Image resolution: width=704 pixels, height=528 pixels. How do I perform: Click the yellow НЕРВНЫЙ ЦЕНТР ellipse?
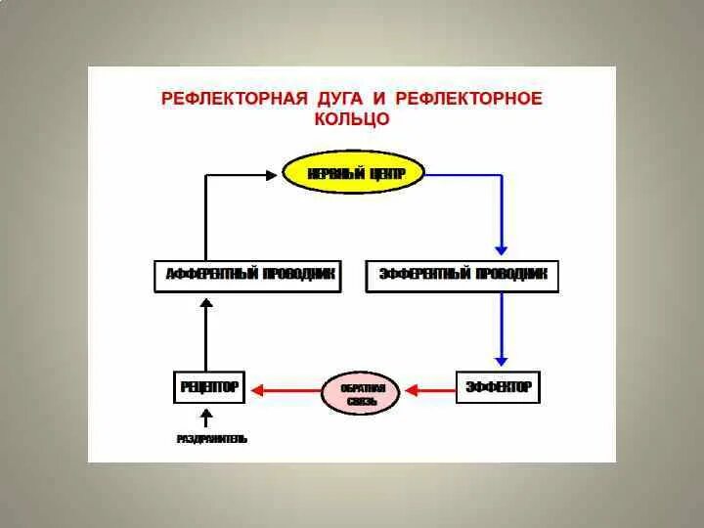point(354,173)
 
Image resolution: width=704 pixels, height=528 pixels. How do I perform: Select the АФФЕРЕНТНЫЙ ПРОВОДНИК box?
point(248,276)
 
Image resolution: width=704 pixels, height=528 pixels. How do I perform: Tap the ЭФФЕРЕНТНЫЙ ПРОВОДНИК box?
point(462,276)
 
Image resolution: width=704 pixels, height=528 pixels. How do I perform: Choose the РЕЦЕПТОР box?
point(209,387)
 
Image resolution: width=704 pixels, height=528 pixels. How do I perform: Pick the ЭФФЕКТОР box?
point(498,387)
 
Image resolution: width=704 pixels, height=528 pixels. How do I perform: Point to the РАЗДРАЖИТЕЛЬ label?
point(212,439)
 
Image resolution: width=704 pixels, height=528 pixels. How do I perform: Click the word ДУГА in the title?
point(338,99)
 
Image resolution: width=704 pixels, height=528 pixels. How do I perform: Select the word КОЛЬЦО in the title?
point(352,119)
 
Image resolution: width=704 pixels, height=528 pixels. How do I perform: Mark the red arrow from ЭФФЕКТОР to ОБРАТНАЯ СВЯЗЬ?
point(429,390)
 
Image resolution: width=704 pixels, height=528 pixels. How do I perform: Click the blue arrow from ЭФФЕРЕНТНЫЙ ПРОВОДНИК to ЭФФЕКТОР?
point(502,330)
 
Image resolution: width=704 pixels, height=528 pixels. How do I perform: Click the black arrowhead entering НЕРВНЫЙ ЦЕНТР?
point(271,174)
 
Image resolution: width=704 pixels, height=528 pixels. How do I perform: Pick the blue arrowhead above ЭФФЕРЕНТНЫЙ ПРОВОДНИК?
point(502,247)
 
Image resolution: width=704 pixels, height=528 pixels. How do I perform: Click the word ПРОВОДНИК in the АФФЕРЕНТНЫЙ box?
point(296,276)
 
